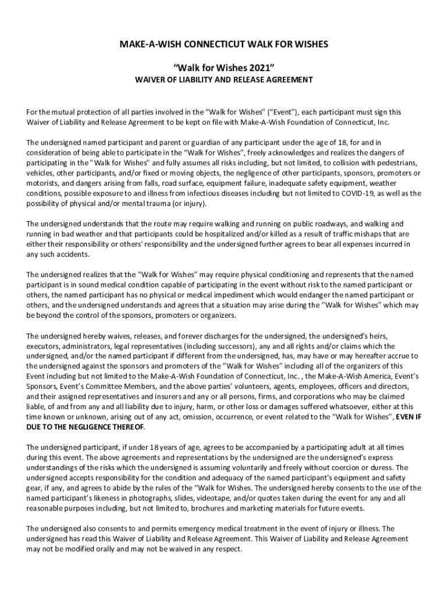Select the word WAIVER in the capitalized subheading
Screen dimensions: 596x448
click(151, 80)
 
